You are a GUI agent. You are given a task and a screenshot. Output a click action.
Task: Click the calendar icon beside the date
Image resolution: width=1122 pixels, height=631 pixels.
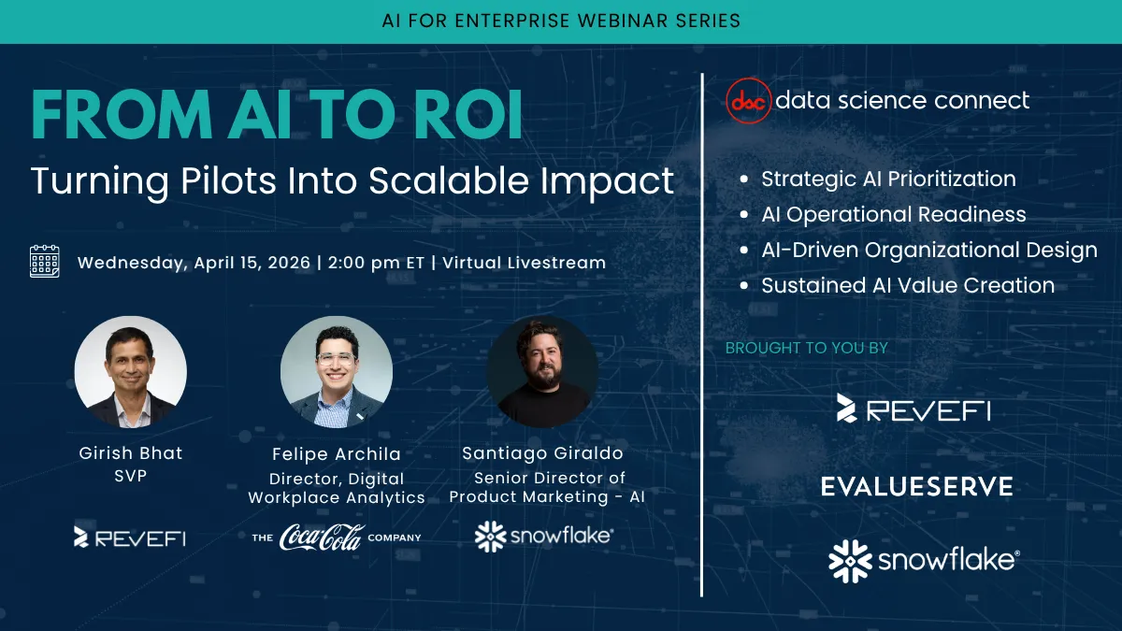click(45, 262)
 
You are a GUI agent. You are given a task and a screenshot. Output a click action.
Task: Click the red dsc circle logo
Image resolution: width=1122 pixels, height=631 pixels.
click(748, 101)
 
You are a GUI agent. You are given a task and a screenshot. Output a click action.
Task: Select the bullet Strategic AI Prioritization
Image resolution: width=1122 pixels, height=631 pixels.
click(887, 179)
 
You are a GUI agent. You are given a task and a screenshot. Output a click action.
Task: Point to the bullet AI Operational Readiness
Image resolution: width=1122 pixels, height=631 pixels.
click(893, 214)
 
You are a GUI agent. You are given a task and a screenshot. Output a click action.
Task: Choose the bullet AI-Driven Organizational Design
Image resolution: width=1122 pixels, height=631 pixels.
click(928, 251)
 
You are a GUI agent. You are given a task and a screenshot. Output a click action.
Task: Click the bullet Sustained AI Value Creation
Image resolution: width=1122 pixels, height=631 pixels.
click(907, 286)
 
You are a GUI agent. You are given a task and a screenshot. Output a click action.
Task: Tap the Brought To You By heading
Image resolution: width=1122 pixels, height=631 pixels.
click(806, 348)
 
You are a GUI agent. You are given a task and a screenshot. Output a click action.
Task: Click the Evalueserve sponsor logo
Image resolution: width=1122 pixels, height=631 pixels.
click(916, 486)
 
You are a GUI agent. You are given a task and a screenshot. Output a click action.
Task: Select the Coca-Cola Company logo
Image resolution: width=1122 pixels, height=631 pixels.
click(337, 538)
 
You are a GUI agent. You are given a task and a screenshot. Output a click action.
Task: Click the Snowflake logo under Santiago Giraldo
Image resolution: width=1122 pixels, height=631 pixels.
click(543, 537)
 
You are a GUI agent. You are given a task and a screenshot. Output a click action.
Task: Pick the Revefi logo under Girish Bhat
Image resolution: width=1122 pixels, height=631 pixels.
click(130, 537)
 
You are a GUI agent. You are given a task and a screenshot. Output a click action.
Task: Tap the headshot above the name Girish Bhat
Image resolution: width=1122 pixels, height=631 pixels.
click(131, 372)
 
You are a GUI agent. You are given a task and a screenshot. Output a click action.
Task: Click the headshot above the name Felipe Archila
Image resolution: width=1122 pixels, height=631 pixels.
click(337, 372)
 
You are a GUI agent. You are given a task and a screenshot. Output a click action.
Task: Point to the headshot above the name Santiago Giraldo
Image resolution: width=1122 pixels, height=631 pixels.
click(543, 372)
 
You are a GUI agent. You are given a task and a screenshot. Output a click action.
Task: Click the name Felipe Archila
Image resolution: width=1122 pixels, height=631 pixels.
click(337, 454)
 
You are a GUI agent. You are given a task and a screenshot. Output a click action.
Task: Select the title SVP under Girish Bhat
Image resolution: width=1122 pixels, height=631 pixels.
click(131, 476)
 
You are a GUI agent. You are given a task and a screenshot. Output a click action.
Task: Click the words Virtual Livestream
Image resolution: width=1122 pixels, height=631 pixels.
click(523, 263)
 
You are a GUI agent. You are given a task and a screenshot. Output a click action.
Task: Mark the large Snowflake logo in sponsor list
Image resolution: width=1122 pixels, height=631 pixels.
click(924, 560)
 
